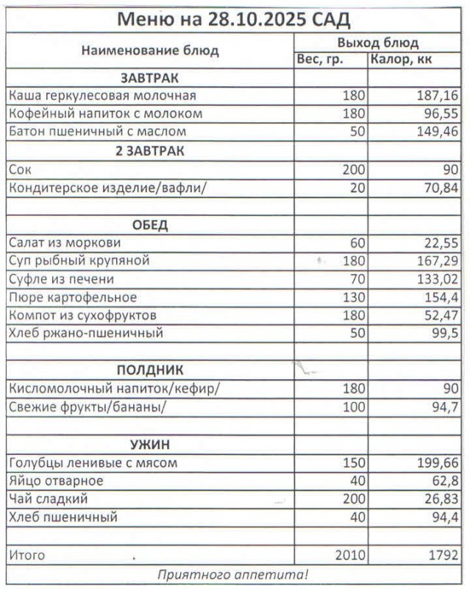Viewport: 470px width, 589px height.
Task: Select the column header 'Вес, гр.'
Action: (x=320, y=60)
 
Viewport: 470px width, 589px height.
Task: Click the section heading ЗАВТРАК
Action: (x=150, y=78)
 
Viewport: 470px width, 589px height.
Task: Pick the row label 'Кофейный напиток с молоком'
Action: (x=105, y=114)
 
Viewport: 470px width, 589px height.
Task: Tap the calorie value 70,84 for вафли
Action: (x=440, y=188)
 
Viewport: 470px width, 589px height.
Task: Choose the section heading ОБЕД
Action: (x=150, y=225)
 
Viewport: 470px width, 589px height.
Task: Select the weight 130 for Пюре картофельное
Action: (x=352, y=298)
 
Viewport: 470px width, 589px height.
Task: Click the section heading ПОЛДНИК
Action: (x=150, y=370)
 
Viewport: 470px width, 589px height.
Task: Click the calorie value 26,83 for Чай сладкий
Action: (x=440, y=500)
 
